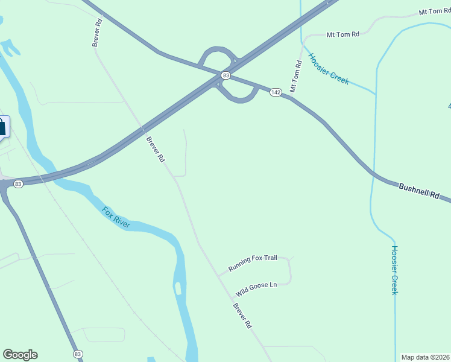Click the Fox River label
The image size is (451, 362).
tap(116, 217)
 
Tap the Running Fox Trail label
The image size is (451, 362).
tap(253, 263)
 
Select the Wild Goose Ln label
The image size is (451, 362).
tap(256, 289)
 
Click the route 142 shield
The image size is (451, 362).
tap(276, 92)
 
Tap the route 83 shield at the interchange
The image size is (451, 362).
tap(225, 75)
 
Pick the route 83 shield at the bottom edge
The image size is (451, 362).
tap(77, 354)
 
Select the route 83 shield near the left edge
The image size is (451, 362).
tap(18, 184)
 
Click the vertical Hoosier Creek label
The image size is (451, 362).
tap(394, 270)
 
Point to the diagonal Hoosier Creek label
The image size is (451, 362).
tap(329, 69)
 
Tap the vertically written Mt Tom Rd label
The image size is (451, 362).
tap(295, 76)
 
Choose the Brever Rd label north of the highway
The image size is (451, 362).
tap(96, 33)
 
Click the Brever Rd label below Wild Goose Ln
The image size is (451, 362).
tap(242, 315)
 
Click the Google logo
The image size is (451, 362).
tap(20, 355)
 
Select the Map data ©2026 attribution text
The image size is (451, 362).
tap(424, 357)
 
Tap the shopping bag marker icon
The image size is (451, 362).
tap(2, 127)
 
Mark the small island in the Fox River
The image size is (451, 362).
tap(177, 288)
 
